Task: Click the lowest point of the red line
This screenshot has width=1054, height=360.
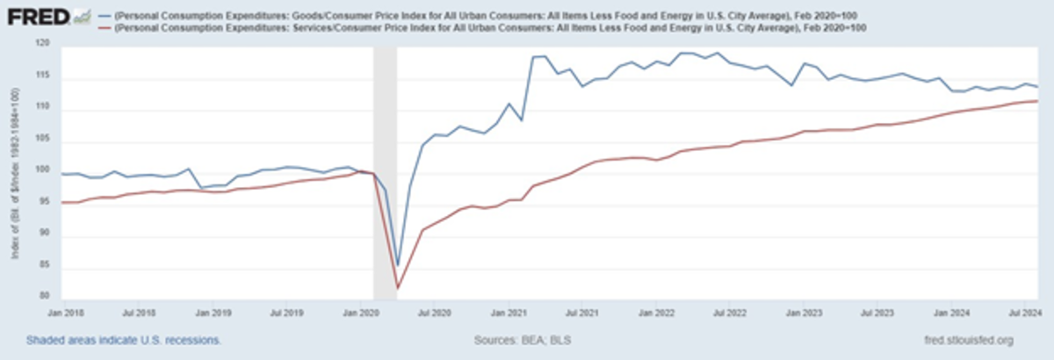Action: [398, 288]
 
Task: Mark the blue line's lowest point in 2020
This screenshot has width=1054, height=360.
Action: [398, 265]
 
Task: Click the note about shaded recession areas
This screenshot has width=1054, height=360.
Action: [123, 339]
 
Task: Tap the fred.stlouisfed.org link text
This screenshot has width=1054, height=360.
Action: [969, 339]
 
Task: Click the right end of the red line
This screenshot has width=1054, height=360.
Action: [1039, 101]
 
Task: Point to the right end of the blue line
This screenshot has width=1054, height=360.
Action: [1039, 86]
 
